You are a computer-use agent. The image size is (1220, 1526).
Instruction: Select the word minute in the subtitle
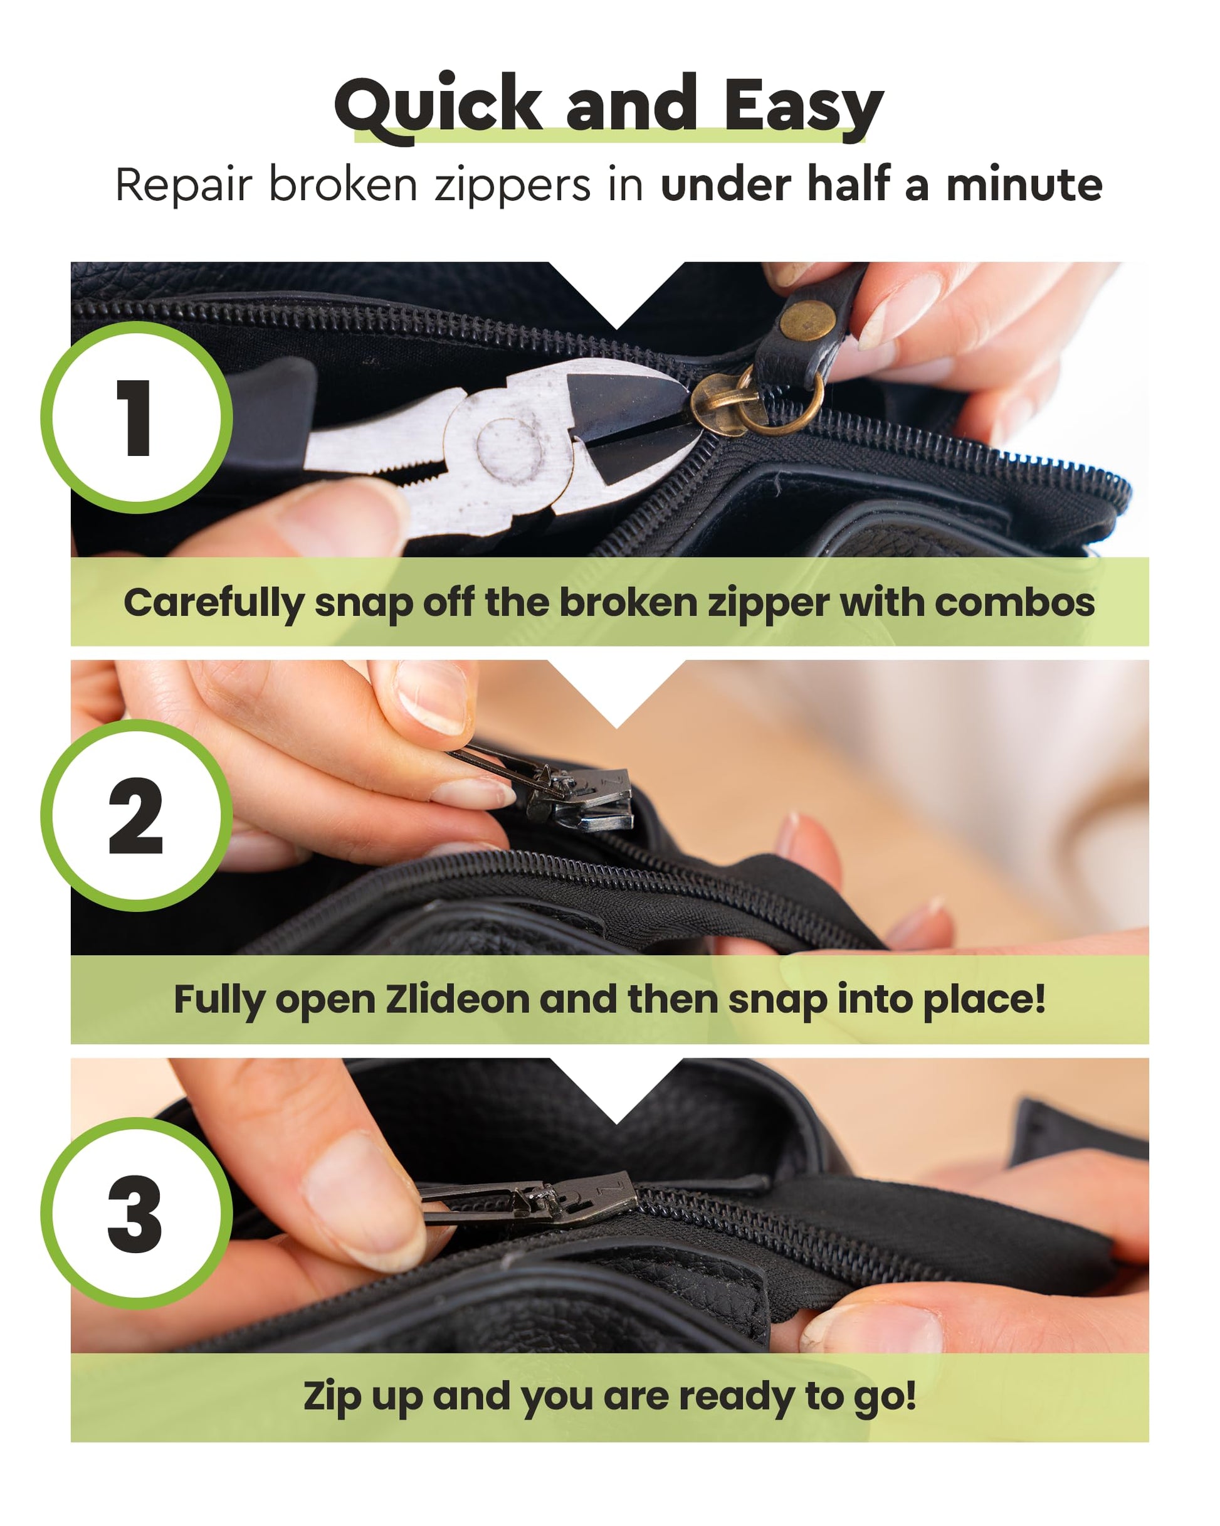(1024, 185)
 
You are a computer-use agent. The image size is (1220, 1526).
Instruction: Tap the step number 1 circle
(137, 417)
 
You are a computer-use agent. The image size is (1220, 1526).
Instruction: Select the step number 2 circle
(137, 815)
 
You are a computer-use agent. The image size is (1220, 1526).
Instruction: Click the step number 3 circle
(137, 1213)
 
